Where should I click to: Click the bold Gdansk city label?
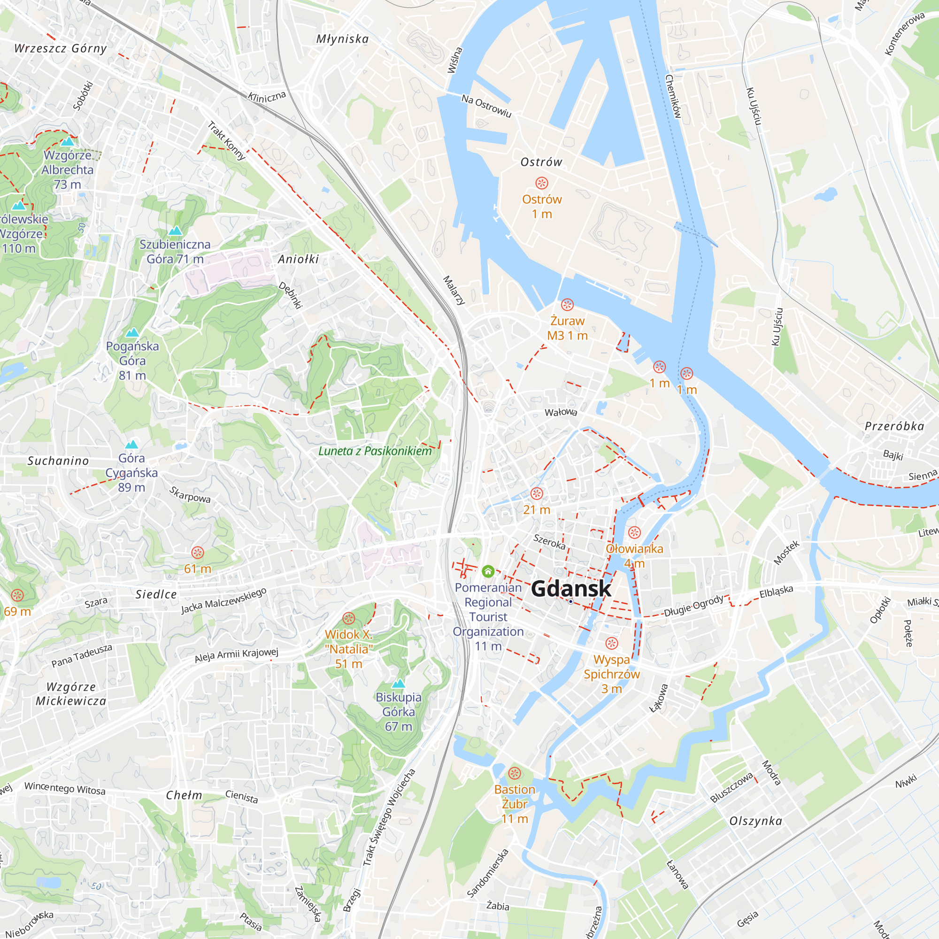point(570,589)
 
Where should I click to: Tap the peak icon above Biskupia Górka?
point(399,683)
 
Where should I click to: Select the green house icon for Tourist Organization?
point(488,571)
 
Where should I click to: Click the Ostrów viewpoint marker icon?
point(541,183)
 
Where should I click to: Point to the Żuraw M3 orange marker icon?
point(567,305)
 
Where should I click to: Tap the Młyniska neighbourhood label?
point(342,39)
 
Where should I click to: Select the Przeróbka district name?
point(894,426)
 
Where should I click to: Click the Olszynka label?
point(756,821)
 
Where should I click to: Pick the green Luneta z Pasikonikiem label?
point(375,451)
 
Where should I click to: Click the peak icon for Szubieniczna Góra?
point(175,231)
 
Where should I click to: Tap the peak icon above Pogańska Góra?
point(132,332)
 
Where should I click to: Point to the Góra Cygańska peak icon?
point(131,444)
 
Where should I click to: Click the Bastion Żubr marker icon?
point(515,773)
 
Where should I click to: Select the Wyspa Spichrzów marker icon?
point(611,644)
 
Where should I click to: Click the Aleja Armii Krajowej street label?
point(236,654)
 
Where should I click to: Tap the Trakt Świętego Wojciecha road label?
point(389,817)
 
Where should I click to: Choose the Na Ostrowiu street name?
point(486,106)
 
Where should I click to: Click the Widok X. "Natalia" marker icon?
point(348,618)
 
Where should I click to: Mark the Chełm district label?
point(184,795)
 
